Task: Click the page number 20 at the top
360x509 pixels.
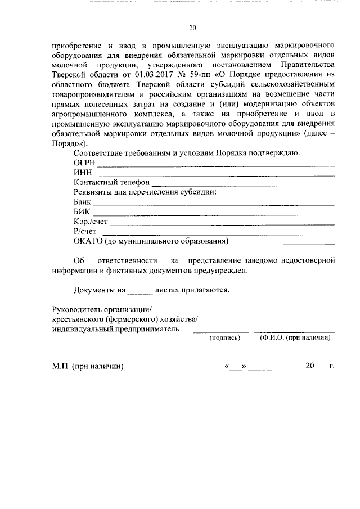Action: coord(192,28)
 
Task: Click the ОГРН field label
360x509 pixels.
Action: coord(85,163)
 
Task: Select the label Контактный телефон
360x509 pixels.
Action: coord(111,182)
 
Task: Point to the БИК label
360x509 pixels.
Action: coord(83,211)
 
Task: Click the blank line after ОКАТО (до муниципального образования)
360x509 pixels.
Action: coord(283,244)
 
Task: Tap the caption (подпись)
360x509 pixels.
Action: coord(224,338)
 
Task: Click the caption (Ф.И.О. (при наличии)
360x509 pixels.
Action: coord(294,338)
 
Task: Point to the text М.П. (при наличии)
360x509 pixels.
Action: coord(87,366)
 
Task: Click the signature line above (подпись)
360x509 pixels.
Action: coord(217,332)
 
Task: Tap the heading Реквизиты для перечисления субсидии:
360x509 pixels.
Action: coord(145,192)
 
